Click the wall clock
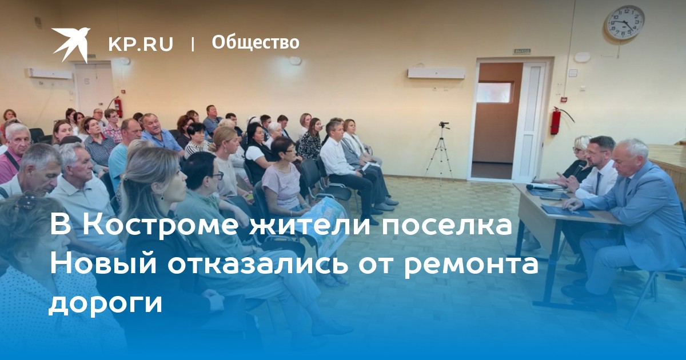[x=624, y=22]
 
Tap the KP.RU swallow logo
[x=71, y=45]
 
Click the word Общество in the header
[x=256, y=42]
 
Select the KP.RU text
[x=141, y=44]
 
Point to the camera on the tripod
[x=444, y=125]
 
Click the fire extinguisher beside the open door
[x=556, y=121]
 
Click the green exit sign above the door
[x=522, y=51]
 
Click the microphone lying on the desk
[x=540, y=187]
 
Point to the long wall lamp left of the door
[x=436, y=73]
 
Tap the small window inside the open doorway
[x=494, y=93]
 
